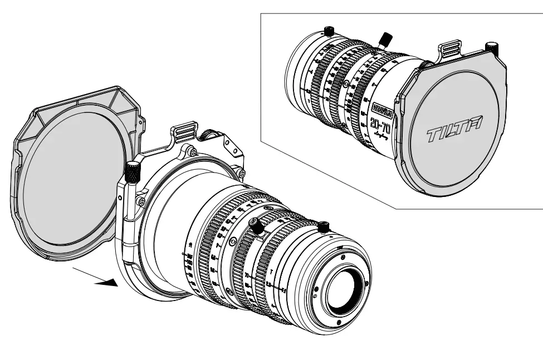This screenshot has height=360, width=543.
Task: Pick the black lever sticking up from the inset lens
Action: pos(383,39)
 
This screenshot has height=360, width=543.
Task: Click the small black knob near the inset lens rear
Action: pos(329,32)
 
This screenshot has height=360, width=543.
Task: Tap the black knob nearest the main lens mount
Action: pos(325,226)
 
